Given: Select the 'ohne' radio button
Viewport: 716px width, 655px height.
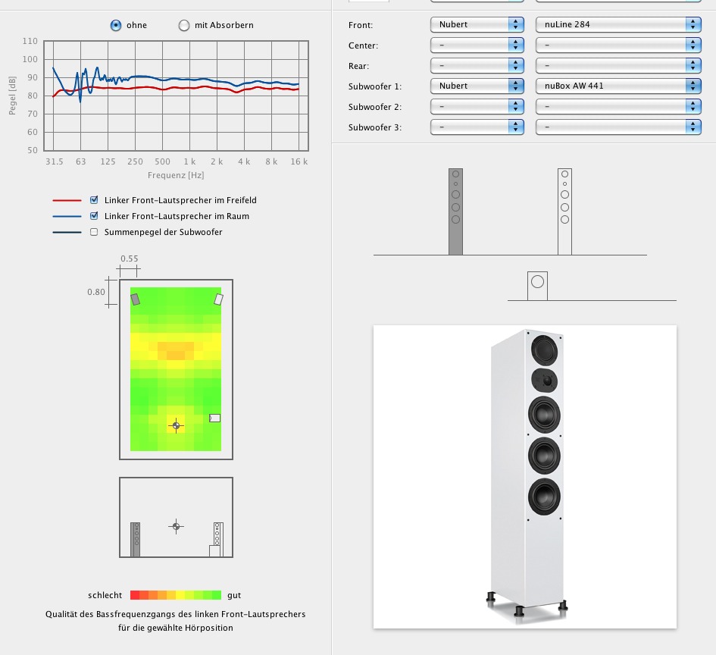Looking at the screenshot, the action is tap(116, 25).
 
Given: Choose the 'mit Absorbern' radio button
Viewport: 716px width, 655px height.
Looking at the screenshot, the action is tap(184, 25).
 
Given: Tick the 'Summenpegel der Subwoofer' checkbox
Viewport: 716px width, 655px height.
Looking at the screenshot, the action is tap(94, 232).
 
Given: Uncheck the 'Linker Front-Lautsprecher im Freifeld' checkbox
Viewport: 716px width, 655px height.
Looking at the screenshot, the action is tap(94, 200).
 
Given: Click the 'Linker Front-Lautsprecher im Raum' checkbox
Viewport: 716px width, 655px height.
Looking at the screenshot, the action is tap(94, 216).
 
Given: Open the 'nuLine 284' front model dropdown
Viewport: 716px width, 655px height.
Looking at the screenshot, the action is tap(618, 25).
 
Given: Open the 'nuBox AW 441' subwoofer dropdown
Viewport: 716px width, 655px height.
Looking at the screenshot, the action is tap(618, 86).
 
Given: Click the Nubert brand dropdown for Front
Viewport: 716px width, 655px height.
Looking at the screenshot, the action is tap(477, 25).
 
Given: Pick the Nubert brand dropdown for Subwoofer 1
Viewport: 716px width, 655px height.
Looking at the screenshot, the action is tap(477, 86).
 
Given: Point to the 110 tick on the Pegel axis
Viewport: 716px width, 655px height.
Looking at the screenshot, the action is tap(30, 41).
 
